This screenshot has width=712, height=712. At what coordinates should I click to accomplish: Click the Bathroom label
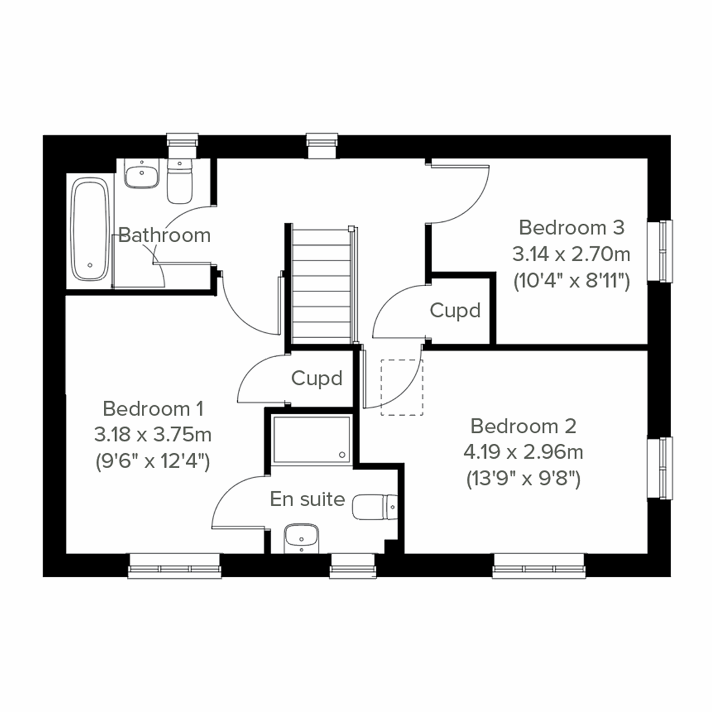tap(164, 235)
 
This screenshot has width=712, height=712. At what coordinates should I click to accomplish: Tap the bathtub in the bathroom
tap(90, 230)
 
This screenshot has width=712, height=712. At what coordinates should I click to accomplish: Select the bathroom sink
tap(141, 175)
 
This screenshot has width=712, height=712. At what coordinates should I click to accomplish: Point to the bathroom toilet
tap(180, 182)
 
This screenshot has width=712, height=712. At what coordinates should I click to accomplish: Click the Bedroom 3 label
tap(571, 227)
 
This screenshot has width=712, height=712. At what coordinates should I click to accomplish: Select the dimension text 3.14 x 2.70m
tap(571, 255)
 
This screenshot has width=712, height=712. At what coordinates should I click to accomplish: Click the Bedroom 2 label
tap(523, 426)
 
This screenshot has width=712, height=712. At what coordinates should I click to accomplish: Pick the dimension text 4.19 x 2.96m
tap(523, 452)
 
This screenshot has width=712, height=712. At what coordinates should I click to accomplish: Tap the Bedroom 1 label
tap(153, 408)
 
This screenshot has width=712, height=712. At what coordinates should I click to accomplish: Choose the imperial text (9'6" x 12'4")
tap(153, 460)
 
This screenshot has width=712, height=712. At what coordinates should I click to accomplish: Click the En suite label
tap(307, 499)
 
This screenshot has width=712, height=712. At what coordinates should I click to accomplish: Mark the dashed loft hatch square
tap(402, 387)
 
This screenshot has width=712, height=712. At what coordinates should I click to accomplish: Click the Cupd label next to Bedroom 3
tap(455, 310)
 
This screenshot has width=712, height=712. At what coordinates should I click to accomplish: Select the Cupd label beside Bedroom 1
tap(317, 378)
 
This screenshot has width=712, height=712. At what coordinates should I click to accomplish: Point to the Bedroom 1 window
tap(175, 565)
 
